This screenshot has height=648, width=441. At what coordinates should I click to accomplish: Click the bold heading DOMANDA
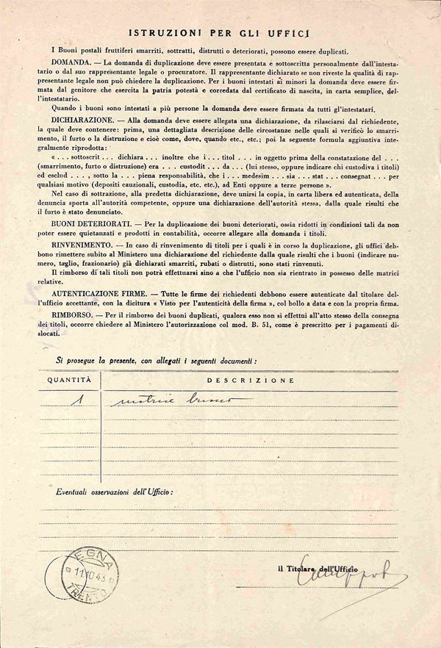pos(71,65)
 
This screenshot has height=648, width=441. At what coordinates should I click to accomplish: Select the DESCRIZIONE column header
pos(251,381)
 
